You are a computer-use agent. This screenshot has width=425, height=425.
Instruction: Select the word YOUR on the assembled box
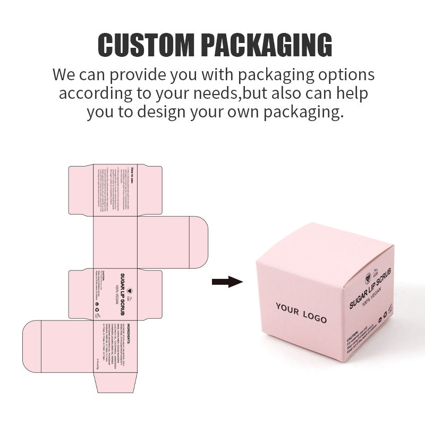click(287, 309)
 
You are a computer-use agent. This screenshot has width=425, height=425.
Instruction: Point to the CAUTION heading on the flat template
click(105, 276)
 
